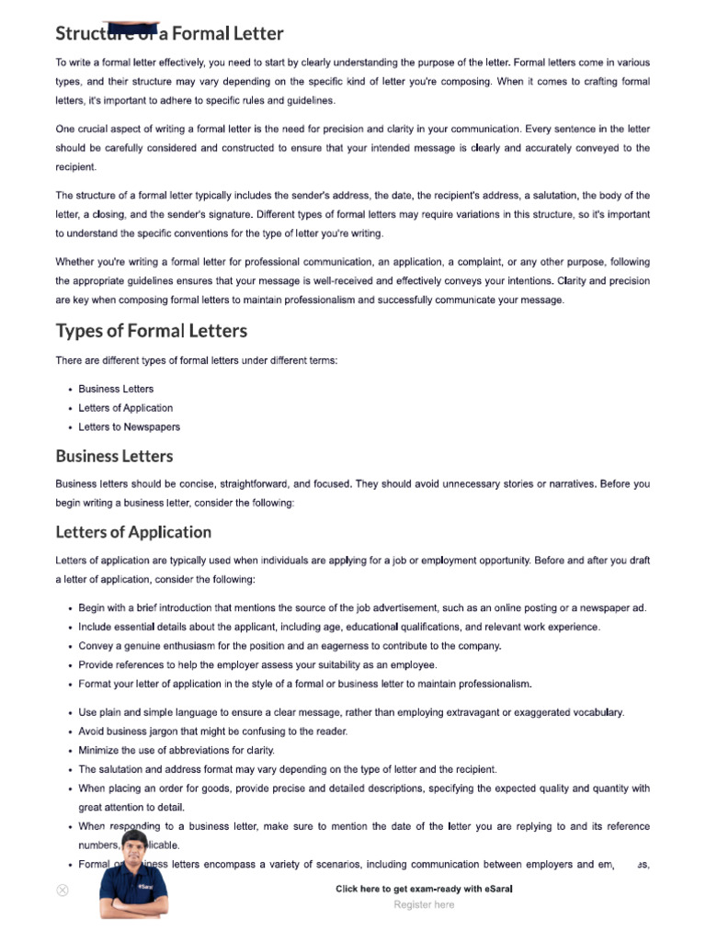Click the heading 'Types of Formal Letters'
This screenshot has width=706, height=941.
(151, 331)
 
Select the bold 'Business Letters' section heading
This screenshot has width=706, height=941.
(114, 456)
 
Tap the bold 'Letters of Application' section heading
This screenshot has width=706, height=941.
(133, 532)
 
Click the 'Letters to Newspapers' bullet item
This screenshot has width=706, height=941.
(129, 426)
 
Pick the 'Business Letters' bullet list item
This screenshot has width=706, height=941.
(116, 389)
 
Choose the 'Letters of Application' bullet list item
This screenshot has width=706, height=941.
(125, 408)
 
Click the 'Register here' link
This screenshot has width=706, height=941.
(424, 904)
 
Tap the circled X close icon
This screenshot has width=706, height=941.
(63, 890)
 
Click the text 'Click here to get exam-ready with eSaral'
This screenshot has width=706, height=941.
(424, 889)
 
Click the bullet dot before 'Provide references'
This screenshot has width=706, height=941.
(71, 665)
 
